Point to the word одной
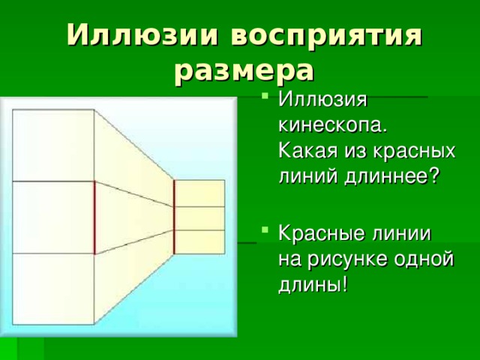[428, 258]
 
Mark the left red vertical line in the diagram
[95, 217]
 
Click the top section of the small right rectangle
[199, 193]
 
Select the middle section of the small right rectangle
[199, 217]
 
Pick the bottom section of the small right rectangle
[199, 241]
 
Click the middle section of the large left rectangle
[52, 217]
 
